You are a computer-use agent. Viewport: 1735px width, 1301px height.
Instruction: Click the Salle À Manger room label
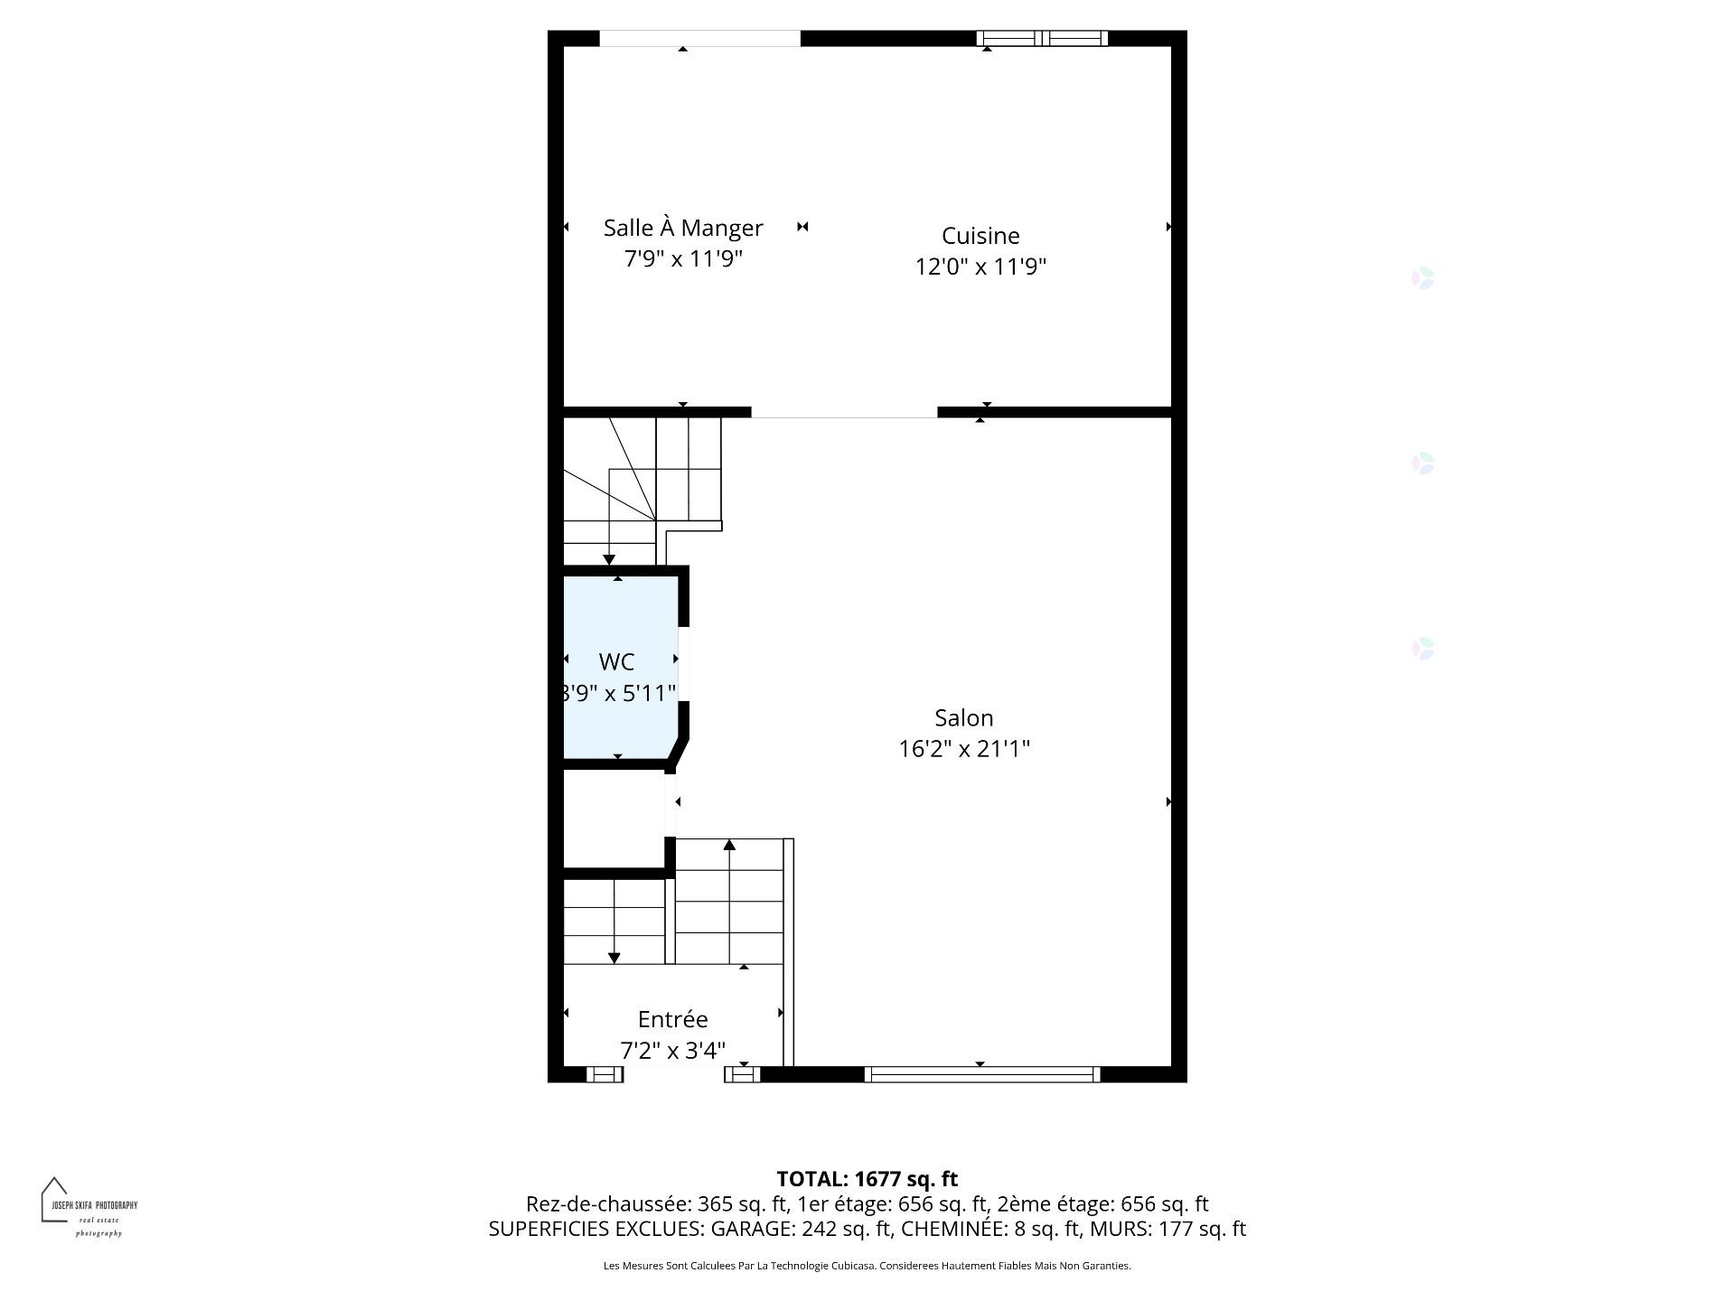[x=683, y=228]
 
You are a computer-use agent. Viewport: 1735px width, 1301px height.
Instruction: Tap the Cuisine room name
[x=980, y=236]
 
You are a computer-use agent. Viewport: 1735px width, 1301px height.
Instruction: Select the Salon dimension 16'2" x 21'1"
[x=964, y=749]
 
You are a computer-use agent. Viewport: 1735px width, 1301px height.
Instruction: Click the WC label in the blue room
[x=616, y=662]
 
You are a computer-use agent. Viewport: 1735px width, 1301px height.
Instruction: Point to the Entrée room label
[x=672, y=1019]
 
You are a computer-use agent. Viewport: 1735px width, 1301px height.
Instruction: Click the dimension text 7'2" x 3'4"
[x=672, y=1051]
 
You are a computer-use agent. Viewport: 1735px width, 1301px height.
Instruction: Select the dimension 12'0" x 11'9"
[x=980, y=267]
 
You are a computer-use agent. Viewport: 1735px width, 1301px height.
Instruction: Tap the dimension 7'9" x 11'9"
[x=683, y=259]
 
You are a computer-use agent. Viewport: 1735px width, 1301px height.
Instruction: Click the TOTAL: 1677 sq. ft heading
[x=867, y=1179]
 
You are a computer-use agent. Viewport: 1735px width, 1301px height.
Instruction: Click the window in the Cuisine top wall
[x=1042, y=38]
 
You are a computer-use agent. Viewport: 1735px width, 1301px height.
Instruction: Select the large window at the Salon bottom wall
[x=981, y=1074]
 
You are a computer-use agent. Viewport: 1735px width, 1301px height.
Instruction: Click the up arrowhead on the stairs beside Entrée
[x=729, y=845]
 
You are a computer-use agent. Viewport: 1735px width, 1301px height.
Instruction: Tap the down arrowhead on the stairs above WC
[x=609, y=560]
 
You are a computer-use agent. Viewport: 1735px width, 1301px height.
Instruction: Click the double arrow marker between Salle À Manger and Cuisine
[x=802, y=227]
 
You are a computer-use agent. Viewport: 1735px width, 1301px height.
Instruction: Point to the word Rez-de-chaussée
[x=607, y=1204]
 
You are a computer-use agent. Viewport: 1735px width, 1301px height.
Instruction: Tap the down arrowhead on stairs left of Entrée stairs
[x=614, y=958]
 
